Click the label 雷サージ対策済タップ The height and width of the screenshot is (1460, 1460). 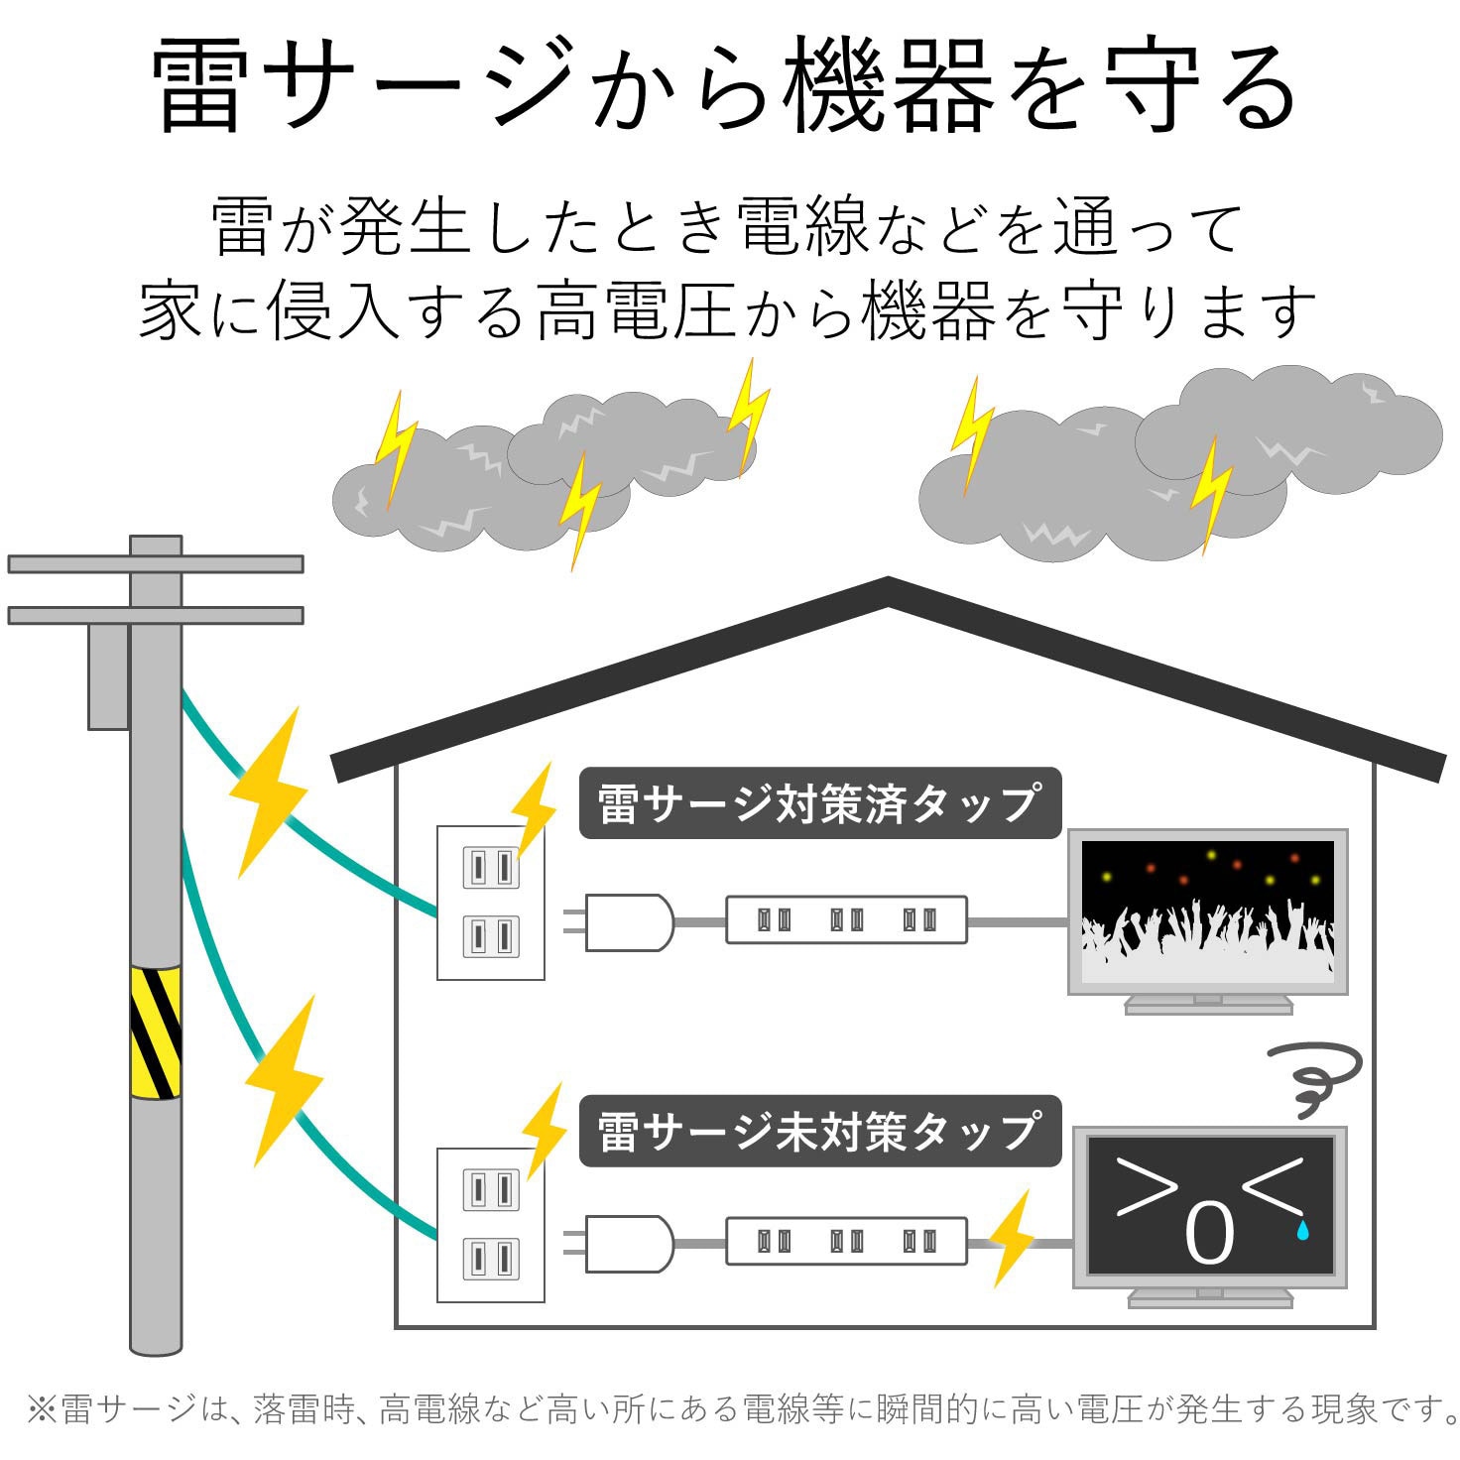(819, 803)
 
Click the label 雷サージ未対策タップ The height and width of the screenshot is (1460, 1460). (819, 1131)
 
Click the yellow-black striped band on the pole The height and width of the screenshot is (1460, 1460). (156, 1032)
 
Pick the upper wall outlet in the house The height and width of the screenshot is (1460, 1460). (491, 903)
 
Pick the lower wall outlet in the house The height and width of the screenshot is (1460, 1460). (491, 1225)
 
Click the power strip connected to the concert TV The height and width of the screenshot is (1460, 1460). (846, 920)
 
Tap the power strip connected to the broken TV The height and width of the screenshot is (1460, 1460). (846, 1241)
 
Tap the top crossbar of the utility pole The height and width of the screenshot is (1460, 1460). (156, 564)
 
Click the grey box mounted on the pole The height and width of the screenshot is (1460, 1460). (108, 676)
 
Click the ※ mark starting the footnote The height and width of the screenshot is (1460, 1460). (42, 1408)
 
